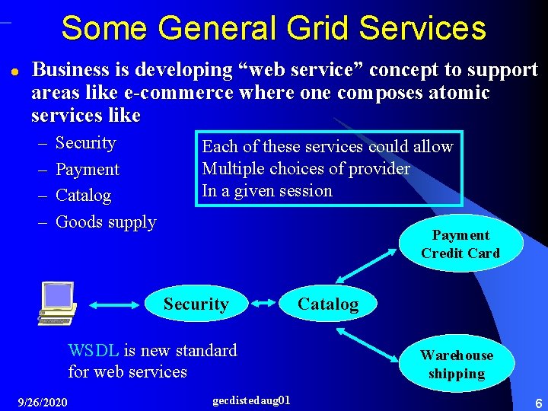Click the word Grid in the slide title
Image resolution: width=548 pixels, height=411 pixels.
pyautogui.click(x=314, y=28)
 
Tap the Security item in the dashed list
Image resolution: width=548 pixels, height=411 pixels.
pyautogui.click(x=85, y=143)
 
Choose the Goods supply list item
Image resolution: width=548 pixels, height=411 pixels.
pyautogui.click(x=106, y=222)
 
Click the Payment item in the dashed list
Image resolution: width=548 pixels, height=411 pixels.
pyautogui.click(x=88, y=170)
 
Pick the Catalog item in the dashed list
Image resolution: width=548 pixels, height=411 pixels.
pyautogui.click(x=83, y=196)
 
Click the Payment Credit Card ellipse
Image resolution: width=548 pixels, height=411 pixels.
pyautogui.click(x=460, y=244)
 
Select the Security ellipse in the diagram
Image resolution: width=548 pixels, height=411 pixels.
pyautogui.click(x=196, y=304)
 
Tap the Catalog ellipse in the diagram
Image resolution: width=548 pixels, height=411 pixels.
pyautogui.click(x=327, y=304)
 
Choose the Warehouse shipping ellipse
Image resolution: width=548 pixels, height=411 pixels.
pyautogui.click(x=457, y=365)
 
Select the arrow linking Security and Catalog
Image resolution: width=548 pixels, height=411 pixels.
pyautogui.click(x=264, y=304)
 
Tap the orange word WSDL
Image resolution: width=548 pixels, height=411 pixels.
pyautogui.click(x=93, y=351)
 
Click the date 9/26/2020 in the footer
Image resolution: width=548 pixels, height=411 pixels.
pyautogui.click(x=42, y=402)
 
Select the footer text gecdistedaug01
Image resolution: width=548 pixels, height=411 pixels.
pyautogui.click(x=250, y=400)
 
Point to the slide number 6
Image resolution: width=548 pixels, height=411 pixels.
pyautogui.click(x=537, y=402)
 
